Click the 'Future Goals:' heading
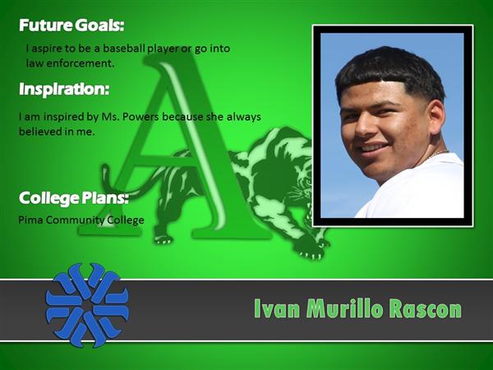(x=71, y=25)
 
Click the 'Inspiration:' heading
(x=64, y=90)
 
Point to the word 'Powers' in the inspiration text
(x=141, y=117)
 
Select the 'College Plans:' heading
(x=74, y=198)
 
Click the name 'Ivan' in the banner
(x=277, y=308)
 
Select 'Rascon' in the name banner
(x=426, y=308)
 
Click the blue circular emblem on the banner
(x=87, y=305)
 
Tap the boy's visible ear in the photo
(x=436, y=117)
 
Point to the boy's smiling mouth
(x=373, y=148)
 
